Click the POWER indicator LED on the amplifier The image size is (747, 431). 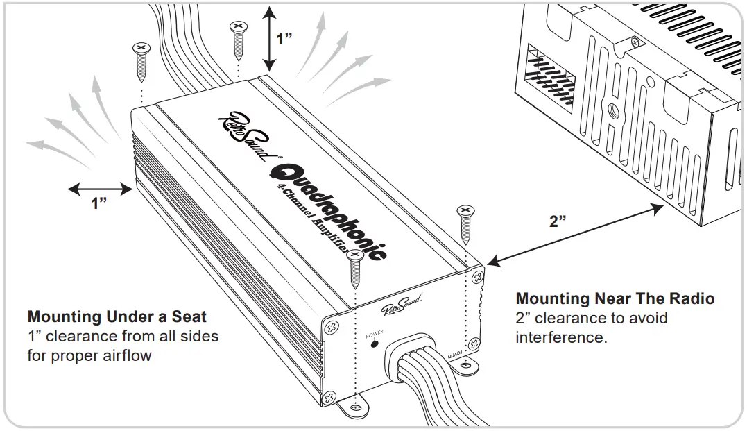[x=374, y=344]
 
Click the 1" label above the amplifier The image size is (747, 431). [x=285, y=38]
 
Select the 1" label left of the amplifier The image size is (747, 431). [x=100, y=204]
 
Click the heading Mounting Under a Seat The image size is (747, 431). [x=117, y=317]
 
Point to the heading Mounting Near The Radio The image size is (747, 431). [x=615, y=299]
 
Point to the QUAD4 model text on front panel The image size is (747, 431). [x=456, y=353]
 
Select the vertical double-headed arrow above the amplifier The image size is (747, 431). [x=269, y=38]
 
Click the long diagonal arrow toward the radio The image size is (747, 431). [x=574, y=231]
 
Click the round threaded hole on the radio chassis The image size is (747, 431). [x=613, y=110]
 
